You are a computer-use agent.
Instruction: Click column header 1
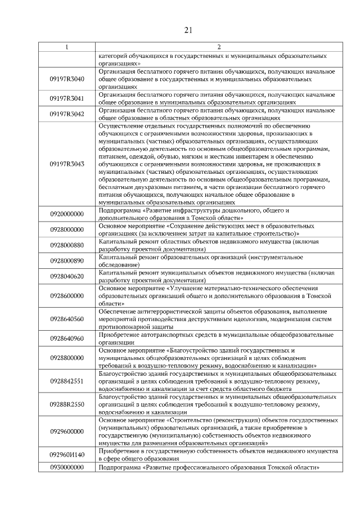(67, 47)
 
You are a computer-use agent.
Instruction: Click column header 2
(219, 47)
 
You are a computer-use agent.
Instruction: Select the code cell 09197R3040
(67, 79)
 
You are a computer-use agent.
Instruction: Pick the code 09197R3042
(67, 115)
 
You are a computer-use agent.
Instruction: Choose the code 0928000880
(67, 245)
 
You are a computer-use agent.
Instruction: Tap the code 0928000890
(67, 260)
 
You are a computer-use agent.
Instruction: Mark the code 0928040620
(67, 276)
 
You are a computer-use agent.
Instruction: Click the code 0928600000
(67, 295)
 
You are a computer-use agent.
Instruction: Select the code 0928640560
(67, 319)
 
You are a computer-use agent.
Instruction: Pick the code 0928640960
(67, 338)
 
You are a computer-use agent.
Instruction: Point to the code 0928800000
(67, 358)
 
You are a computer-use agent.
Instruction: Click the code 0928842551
(67, 381)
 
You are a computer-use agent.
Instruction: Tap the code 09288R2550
(67, 404)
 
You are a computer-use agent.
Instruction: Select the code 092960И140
(67, 455)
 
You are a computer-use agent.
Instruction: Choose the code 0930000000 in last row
(67, 467)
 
